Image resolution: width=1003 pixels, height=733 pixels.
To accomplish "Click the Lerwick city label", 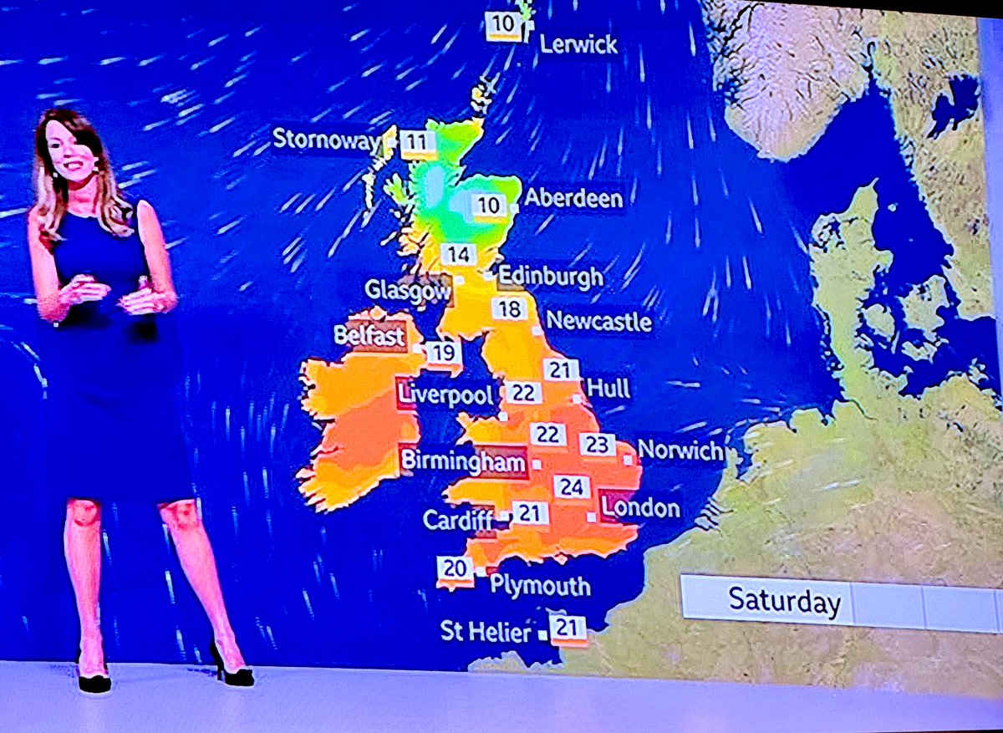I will pos(578,44).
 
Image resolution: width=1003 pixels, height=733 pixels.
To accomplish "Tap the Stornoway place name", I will pos(326,140).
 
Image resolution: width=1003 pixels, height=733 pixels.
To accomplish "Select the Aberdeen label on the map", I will pos(573,199).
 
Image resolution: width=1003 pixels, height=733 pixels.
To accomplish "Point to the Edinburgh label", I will pos(550,277).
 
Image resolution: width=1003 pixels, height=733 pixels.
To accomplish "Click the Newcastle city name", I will pos(598,321).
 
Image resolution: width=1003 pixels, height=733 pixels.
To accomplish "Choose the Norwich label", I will pos(680,451).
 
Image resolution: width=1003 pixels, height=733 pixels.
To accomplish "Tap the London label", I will pos(641,507).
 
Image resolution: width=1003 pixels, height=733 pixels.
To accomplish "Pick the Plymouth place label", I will pos(540,585).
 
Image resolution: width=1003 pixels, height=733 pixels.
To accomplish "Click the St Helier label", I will pos(486,632).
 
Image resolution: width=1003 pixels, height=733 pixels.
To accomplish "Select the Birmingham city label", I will pos(463,461).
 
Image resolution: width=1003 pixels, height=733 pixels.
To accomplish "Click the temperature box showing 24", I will pos(572,486).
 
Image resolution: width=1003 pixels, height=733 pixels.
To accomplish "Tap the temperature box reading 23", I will pos(597,445).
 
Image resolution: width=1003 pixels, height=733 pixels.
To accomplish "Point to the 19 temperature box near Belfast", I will pos(444,353).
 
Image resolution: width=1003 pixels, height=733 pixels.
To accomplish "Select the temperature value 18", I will pos(509,309).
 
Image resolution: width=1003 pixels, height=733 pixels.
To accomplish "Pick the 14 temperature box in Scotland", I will pos(459,255).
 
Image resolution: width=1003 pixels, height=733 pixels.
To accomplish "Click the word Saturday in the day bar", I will pos(784,601).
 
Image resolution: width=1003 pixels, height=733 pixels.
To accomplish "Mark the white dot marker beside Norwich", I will pos(628,460).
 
